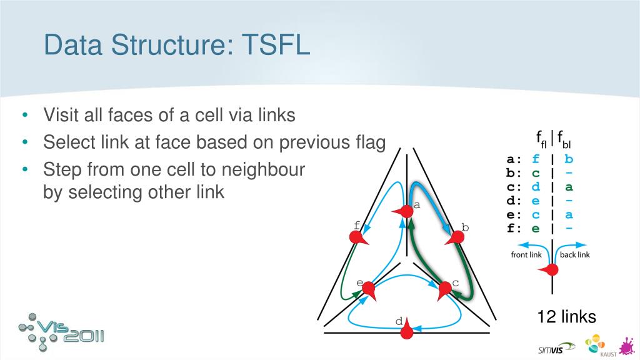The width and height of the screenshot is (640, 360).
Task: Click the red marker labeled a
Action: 405,212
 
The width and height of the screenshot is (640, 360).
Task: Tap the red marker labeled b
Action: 457,238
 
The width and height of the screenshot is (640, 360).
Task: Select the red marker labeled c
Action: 444,289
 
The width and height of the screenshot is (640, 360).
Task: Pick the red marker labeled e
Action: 368,289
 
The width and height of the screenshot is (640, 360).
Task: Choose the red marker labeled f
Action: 357,238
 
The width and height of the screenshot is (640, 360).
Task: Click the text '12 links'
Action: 567,317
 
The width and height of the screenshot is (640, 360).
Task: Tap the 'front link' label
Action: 526,254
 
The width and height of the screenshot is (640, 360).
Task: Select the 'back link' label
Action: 575,254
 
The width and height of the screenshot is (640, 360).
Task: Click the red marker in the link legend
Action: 551,270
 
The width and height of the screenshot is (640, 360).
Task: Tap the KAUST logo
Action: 595,346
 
